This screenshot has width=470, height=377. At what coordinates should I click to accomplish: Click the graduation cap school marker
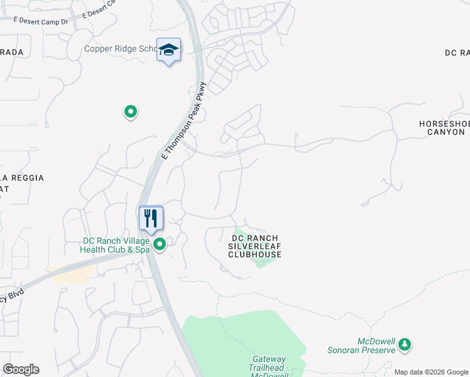point(168,50)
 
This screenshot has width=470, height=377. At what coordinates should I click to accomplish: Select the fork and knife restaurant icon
point(151,219)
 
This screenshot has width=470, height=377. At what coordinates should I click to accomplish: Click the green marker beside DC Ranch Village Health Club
point(160,244)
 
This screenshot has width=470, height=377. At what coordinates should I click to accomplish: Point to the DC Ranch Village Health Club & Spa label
point(116,245)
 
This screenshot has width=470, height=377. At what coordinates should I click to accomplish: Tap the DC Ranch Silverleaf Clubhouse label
point(254,246)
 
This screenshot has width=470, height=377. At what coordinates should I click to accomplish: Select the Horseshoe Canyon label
point(444,128)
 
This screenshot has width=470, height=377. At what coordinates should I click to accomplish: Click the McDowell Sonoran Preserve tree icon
point(405,344)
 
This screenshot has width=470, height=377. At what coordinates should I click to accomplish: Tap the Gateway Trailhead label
point(270,363)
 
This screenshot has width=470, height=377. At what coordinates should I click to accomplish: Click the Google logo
point(21,369)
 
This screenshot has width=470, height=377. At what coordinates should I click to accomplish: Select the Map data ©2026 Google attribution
point(431,372)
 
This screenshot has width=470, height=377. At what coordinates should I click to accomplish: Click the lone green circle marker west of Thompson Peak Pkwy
point(131,112)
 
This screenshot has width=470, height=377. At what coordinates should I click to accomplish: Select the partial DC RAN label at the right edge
point(457,53)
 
